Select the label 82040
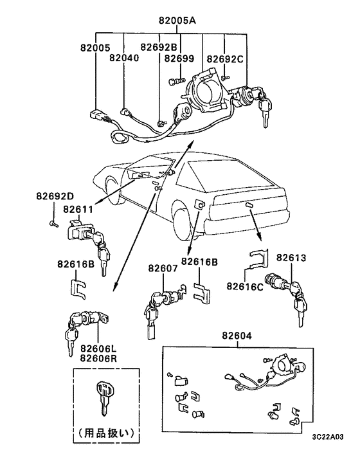coord(124,58)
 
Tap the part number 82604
coord(237,336)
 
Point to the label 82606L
coord(98,348)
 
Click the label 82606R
coord(98,358)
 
